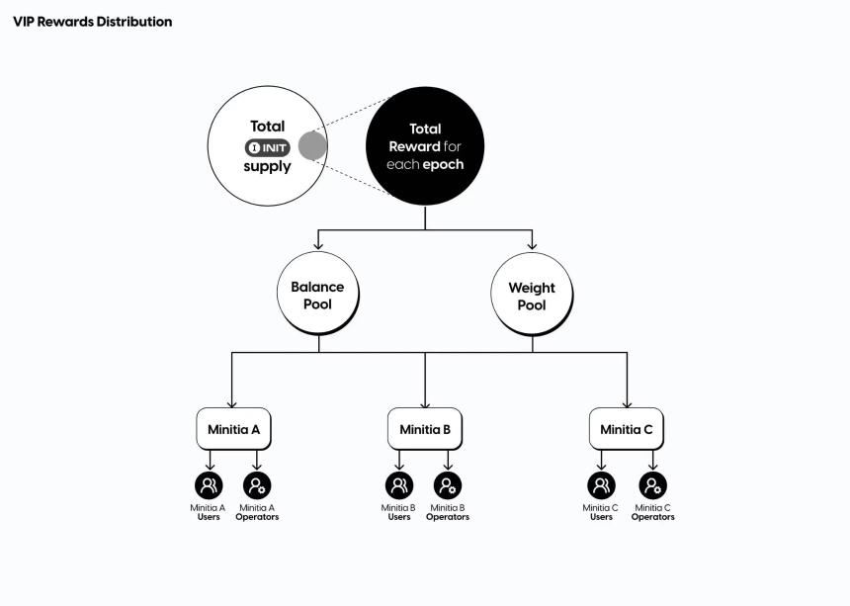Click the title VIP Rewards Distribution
(x=92, y=22)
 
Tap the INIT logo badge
(x=268, y=147)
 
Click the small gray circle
(x=312, y=146)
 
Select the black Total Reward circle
(x=425, y=146)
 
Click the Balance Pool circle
(x=317, y=295)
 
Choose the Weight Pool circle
(x=532, y=296)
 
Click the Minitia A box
(x=233, y=429)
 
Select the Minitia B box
(x=425, y=429)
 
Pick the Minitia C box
(x=627, y=429)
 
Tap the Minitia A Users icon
(x=209, y=485)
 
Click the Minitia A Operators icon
(x=257, y=485)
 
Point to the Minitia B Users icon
(x=399, y=485)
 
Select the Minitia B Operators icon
(x=448, y=485)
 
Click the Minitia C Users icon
(x=601, y=485)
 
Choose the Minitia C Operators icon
(x=652, y=485)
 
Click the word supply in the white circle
(x=268, y=166)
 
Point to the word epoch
(x=443, y=164)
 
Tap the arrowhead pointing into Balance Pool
(x=317, y=245)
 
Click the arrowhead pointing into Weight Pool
(x=532, y=245)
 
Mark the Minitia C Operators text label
(x=652, y=512)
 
